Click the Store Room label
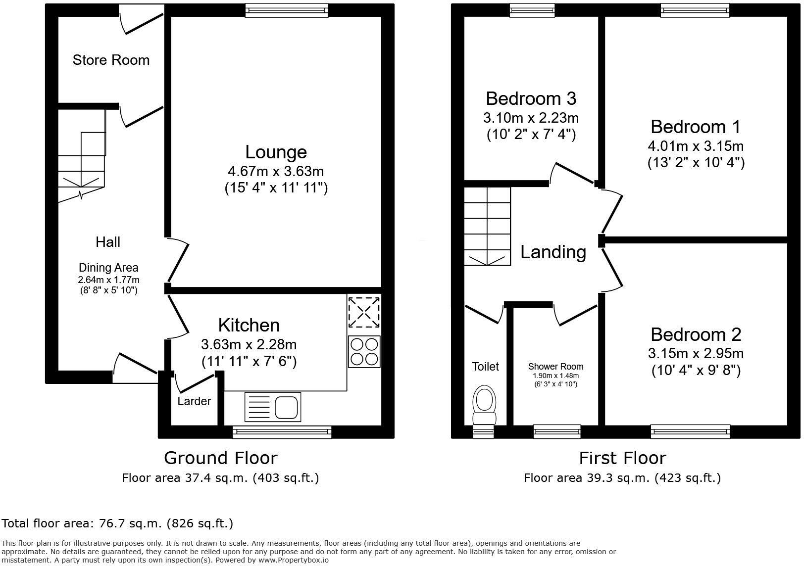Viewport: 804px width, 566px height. pos(111,60)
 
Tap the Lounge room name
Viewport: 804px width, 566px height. pos(276,152)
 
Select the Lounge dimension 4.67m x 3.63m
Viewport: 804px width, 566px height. pos(276,171)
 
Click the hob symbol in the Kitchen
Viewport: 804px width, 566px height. pos(364,352)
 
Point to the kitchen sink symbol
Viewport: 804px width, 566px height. pos(273,407)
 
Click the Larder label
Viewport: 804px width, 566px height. pos(194,401)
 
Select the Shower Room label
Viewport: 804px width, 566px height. pos(555,367)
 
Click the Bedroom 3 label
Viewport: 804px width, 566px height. pos(531,98)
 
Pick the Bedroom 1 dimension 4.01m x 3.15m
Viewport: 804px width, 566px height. pos(696,146)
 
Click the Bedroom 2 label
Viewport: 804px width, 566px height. pos(696,334)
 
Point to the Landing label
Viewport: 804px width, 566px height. pos(553,252)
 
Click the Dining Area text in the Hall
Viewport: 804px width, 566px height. pos(108,268)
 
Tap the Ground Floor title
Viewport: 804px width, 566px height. pos(220,458)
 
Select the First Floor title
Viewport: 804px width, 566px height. pos(622,458)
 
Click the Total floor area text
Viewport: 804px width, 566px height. pos(117,523)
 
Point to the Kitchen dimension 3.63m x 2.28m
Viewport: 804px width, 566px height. pos(249,344)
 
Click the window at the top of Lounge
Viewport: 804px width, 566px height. pos(287,10)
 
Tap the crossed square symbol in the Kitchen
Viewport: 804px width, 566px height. pos(364,312)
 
